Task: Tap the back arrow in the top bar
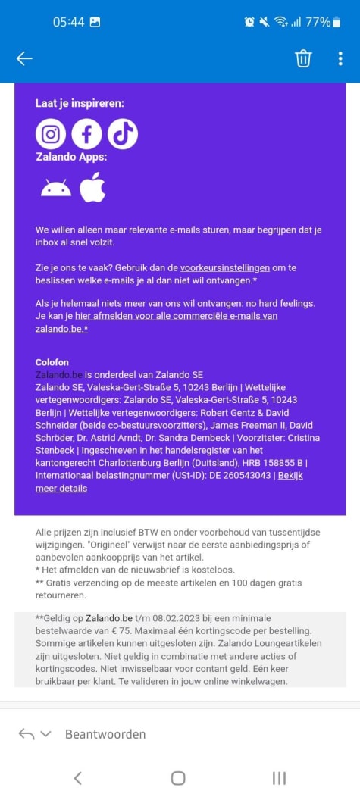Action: [24, 58]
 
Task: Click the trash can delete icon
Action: [303, 58]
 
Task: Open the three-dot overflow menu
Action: [340, 58]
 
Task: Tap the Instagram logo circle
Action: [51, 134]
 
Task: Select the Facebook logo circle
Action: [86, 134]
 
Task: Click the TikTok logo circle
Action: [123, 134]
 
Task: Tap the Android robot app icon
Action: [56, 188]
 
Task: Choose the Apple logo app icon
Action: [92, 187]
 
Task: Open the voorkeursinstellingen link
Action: [225, 267]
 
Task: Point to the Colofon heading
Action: [52, 362]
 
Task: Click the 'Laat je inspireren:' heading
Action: [80, 103]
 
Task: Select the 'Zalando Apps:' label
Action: [72, 157]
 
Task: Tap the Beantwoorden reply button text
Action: [105, 733]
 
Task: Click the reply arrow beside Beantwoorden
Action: [27, 733]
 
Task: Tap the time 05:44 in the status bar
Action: [68, 22]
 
